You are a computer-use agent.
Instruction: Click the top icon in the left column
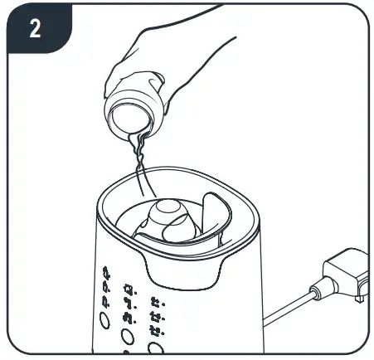point(105,271)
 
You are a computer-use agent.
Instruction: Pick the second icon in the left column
point(105,287)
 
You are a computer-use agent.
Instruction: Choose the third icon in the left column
point(105,303)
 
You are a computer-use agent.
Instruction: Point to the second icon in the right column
point(155,317)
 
